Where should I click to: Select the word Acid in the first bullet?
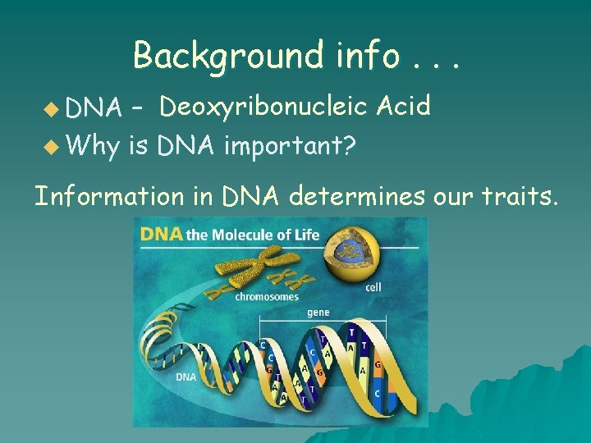tap(402, 106)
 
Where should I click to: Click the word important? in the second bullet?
tap(289, 147)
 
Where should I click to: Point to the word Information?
tap(109, 196)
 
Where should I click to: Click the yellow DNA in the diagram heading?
tap(162, 235)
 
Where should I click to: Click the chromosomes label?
tap(267, 297)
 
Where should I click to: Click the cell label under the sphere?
tap(373, 288)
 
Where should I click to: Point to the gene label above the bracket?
tap(318, 313)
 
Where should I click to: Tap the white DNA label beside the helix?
tap(186, 377)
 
